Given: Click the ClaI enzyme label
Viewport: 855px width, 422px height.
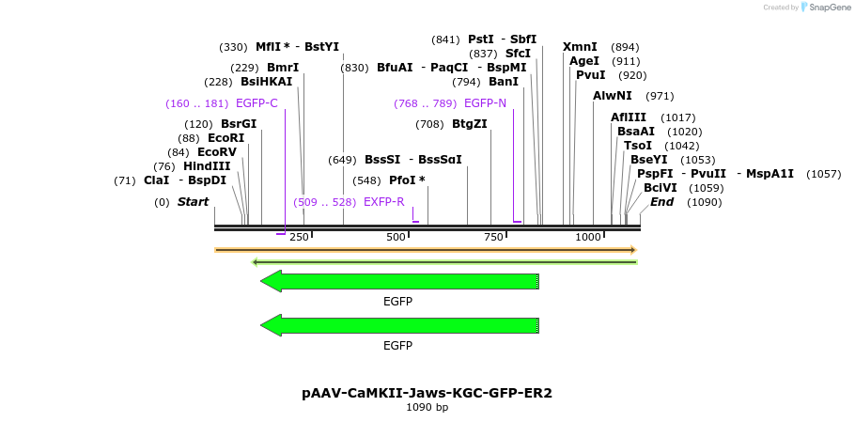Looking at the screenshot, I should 157,180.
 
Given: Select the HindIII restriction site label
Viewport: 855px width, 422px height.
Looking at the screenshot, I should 207,165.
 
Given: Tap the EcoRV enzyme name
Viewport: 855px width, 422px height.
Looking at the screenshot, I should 216,151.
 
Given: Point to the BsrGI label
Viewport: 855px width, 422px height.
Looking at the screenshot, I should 239,124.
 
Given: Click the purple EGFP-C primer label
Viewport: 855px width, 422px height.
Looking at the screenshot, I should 256,103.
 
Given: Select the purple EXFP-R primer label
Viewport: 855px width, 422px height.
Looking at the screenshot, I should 383,202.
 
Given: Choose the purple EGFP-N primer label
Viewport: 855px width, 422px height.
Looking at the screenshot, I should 485,103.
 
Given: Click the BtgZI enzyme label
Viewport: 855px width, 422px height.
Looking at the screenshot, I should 470,124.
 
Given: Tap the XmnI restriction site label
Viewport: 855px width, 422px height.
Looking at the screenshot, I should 580,47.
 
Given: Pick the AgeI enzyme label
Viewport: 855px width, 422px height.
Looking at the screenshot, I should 584,61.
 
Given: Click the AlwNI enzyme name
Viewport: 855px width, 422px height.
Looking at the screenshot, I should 613,96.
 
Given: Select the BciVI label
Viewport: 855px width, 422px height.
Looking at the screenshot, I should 661,188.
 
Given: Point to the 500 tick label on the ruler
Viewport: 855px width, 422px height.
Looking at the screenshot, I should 396,237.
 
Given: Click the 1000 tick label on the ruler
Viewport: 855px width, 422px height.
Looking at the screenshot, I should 588,237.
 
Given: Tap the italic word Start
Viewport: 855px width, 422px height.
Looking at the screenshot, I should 193,202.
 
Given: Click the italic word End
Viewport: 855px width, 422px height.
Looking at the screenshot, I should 661,202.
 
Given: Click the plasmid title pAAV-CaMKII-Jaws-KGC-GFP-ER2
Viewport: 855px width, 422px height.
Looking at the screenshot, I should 427,393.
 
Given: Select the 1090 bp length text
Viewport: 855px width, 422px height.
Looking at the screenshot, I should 427,407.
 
